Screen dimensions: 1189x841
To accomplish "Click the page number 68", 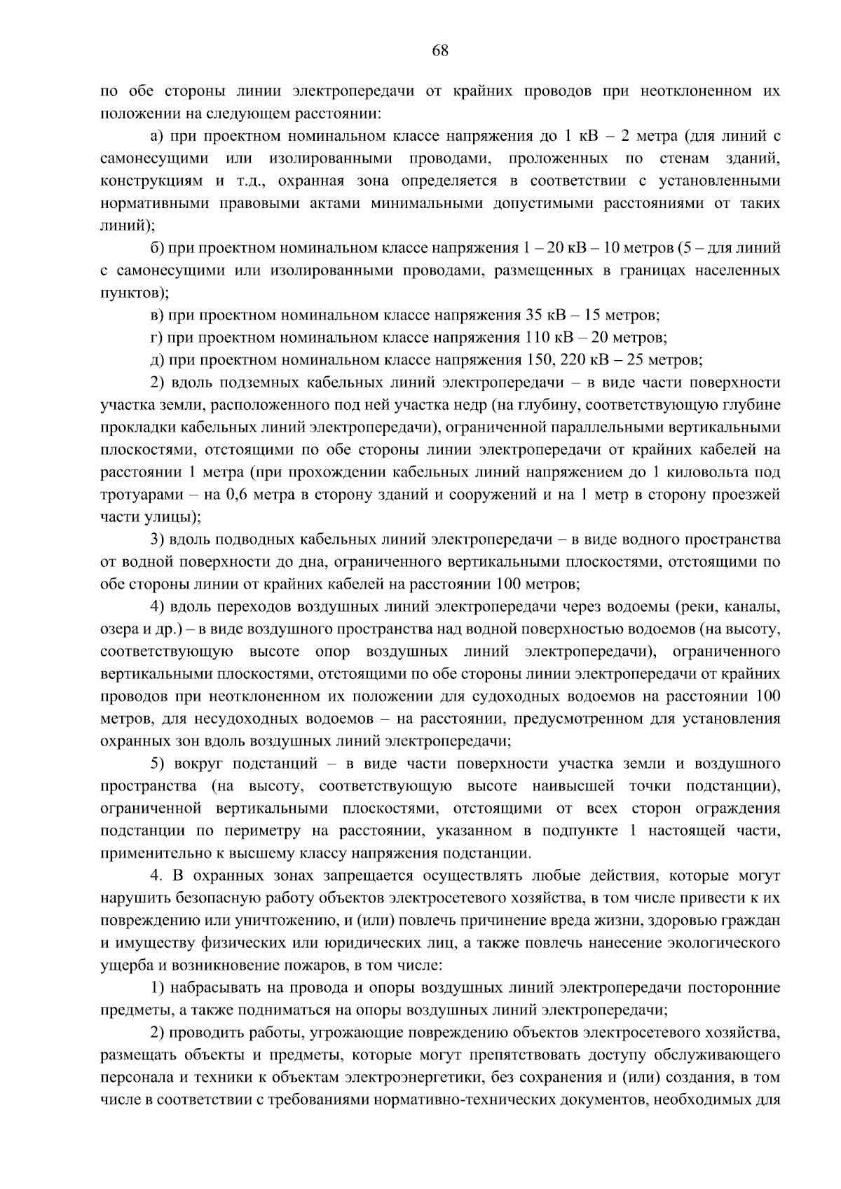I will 440,50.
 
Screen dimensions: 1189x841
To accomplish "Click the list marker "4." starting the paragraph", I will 158,876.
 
